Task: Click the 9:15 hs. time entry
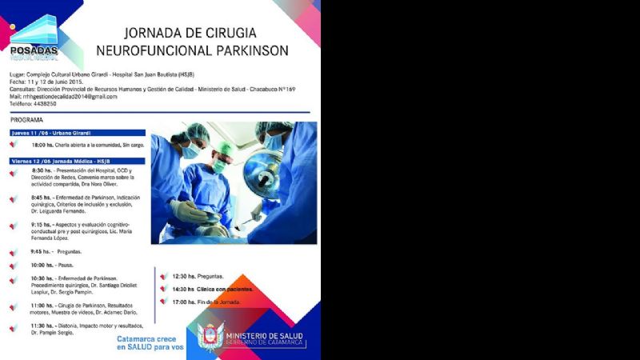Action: [x=42, y=225]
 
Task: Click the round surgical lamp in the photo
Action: [x=262, y=173]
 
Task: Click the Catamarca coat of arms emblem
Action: [x=210, y=337]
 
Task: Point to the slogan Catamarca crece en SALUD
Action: [x=150, y=343]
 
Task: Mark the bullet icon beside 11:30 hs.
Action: [x=14, y=328]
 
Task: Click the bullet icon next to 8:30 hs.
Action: [x=14, y=172]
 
